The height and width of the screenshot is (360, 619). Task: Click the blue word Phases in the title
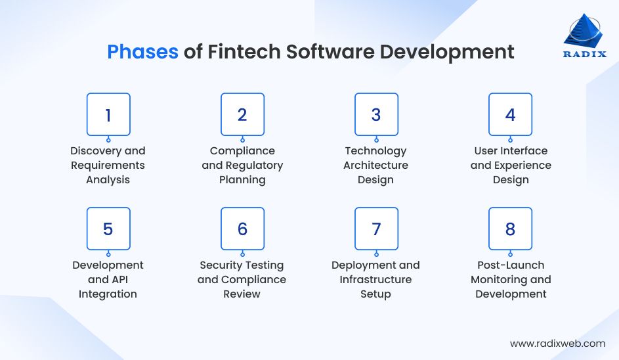coord(142,52)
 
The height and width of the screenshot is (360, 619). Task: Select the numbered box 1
coord(108,115)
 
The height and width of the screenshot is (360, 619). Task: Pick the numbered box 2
coord(242,115)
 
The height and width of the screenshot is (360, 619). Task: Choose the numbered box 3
coord(376,115)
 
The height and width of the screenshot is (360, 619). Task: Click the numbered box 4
coord(510,115)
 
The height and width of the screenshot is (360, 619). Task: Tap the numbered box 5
coord(108,229)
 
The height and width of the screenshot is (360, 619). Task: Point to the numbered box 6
coord(242,229)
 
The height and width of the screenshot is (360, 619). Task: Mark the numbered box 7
coord(376,229)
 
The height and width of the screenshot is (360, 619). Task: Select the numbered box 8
coord(510,229)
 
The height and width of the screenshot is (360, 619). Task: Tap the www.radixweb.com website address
coord(557,343)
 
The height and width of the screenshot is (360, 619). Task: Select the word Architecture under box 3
coord(375,166)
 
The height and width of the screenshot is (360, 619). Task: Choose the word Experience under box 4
coord(522,166)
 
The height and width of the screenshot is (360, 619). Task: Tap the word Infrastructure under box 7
coord(375,280)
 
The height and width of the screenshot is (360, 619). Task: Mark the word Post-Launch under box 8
coord(510,265)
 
